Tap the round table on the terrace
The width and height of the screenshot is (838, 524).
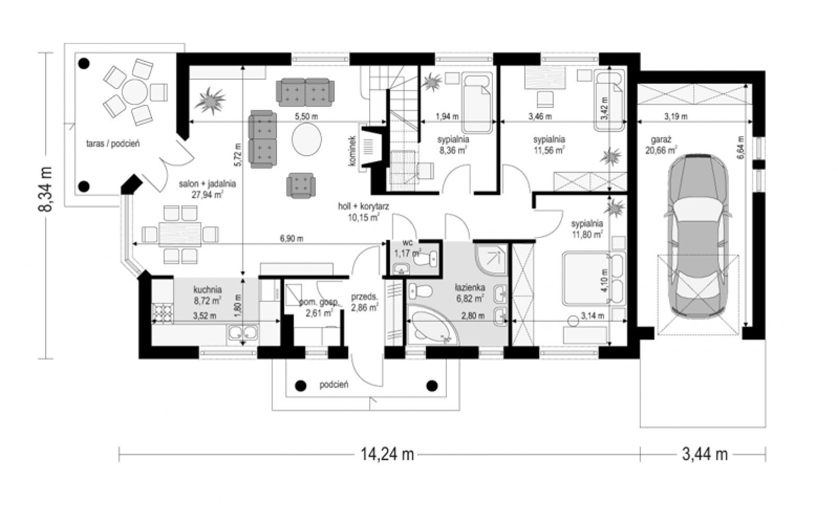(135, 92)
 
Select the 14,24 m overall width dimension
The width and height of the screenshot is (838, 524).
(387, 454)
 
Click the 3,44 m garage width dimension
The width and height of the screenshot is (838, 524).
(705, 454)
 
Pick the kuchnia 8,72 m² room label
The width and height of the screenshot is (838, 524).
(207, 295)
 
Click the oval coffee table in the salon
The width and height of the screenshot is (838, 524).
(306, 139)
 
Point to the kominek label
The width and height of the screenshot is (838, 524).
(351, 151)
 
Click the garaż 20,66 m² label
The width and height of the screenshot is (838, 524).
(661, 145)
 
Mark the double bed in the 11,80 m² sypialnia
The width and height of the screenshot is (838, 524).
(593, 279)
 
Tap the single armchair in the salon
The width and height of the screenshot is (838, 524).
(301, 185)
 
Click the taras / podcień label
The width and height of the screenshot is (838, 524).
(113, 143)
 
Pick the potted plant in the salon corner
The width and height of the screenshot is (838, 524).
(210, 100)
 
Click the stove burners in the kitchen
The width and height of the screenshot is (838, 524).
(162, 314)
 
